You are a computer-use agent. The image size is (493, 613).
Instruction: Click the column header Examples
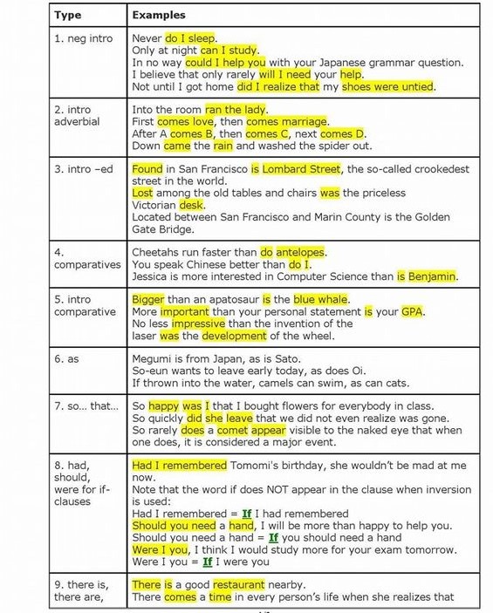tap(159, 15)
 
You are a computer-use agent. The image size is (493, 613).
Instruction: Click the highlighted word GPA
tap(411, 311)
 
